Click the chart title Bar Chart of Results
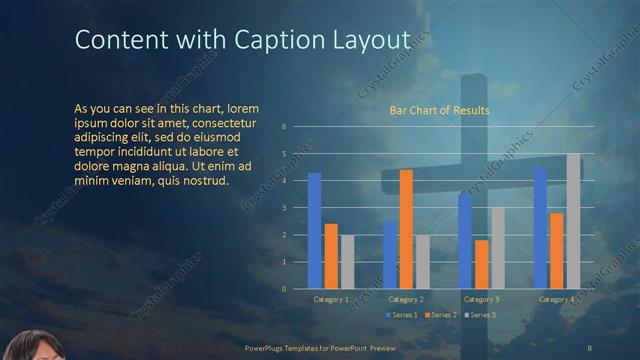439,110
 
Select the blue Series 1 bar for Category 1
314,231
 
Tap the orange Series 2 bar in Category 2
406,229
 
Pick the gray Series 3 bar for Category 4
573,221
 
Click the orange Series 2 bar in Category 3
481,264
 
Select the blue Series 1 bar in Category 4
540,228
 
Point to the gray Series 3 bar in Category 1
347,262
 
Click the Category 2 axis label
406,299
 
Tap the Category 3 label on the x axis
481,299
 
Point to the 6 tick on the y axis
285,127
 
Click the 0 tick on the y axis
285,289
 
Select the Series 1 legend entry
401,315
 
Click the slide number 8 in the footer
590,347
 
